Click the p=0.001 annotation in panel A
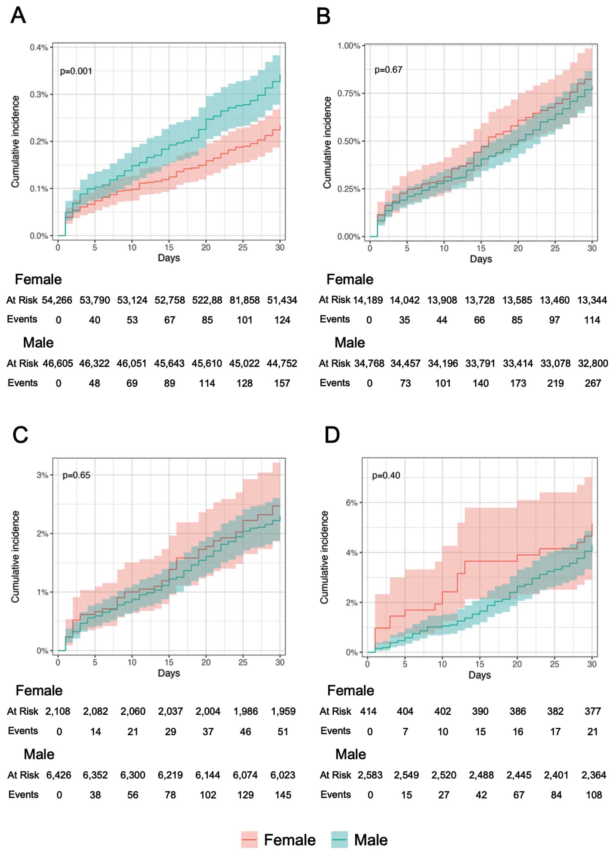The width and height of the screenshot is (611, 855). click(76, 71)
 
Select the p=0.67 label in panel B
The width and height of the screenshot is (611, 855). click(388, 69)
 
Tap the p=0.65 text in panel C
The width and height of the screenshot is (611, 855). click(76, 475)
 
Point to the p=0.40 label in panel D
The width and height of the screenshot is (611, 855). click(386, 475)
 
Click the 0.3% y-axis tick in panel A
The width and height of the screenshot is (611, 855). click(39, 95)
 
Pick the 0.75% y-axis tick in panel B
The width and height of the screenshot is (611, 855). click(349, 93)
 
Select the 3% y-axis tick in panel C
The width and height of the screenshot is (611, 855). click(42, 475)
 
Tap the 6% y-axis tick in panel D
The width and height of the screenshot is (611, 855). click(351, 503)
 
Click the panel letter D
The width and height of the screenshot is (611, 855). click(332, 435)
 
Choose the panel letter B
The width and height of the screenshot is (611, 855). click(324, 16)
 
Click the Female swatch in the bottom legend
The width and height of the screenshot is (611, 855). click(249, 839)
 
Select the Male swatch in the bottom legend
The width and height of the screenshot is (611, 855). click(339, 839)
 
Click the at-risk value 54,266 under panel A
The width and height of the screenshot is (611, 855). click(57, 300)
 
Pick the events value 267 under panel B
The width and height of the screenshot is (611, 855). click(593, 383)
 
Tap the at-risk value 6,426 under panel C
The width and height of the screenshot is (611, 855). click(58, 775)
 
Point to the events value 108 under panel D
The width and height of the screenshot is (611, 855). click(594, 795)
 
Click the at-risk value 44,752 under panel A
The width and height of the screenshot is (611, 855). click(282, 363)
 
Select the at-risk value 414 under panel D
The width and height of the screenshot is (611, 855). click(368, 711)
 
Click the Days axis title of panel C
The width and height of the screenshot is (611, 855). click(169, 673)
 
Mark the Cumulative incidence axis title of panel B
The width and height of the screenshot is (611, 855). click(327, 142)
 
